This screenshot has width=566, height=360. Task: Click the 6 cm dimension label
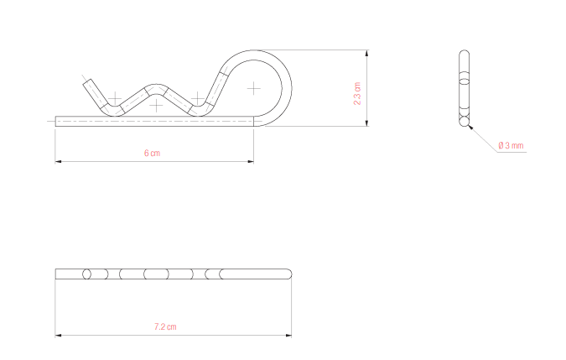[152, 153]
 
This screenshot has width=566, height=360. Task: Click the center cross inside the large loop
[254, 86]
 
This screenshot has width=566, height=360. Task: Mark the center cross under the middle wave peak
[156, 106]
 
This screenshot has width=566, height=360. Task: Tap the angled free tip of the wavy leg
[87, 81]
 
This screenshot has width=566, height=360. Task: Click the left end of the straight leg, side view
[56, 120]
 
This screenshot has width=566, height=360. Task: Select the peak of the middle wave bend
[157, 87]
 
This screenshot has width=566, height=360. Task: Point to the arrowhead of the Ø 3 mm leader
[472, 128]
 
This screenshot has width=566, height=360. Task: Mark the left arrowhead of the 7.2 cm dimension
[58, 336]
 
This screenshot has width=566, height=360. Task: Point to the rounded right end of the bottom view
[290, 274]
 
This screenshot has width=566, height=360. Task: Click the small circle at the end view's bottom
[465, 121]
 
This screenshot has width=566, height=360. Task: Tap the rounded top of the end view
[465, 53]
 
